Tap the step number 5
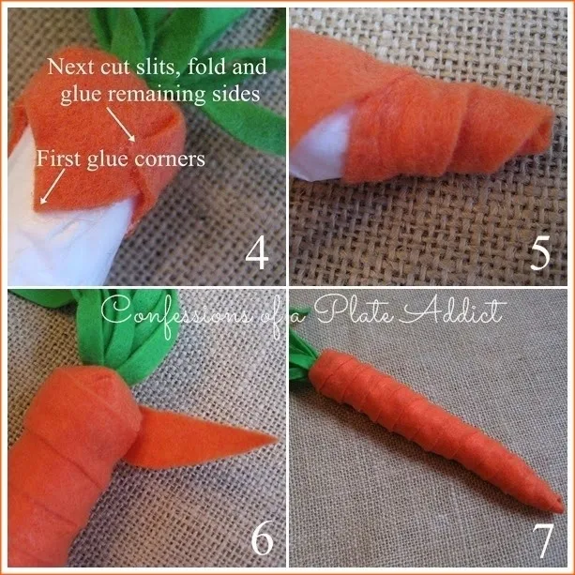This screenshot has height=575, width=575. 540,252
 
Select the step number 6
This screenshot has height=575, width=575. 263,539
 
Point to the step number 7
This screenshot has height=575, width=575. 543,540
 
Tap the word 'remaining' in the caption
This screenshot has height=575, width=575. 158,94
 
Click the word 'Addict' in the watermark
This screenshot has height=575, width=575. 453,311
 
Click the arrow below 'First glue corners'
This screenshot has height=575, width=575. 53,186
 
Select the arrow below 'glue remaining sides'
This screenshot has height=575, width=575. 121,125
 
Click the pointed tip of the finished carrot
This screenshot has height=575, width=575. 563,509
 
